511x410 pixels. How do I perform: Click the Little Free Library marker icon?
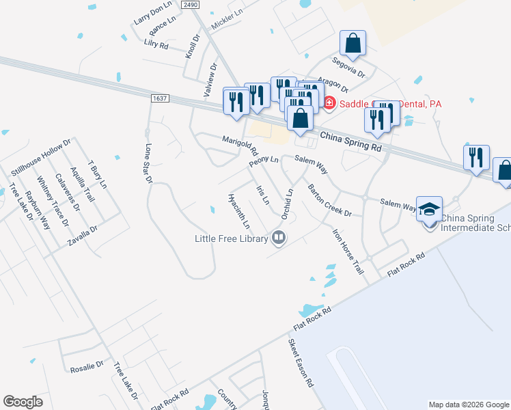279,238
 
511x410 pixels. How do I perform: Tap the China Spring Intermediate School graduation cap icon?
429,208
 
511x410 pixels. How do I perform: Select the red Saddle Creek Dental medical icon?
329,103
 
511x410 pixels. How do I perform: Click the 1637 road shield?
159,99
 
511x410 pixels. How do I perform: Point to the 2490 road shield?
191,5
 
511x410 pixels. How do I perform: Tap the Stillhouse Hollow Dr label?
41,159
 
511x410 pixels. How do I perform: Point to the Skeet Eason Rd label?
300,363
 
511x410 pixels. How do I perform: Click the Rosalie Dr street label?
87,367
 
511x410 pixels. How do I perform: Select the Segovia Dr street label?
353,66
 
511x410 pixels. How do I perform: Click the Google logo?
23,402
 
